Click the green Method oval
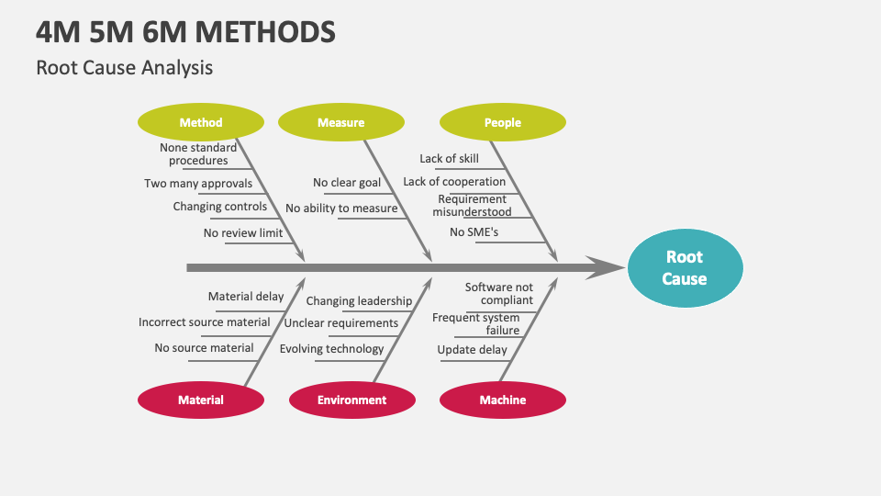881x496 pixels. click(200, 122)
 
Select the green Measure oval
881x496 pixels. click(340, 122)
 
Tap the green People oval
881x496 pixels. click(502, 122)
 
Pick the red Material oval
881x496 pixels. click(200, 400)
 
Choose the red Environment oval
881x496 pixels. click(351, 400)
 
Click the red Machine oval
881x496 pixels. click(502, 400)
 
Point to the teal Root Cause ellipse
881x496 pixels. click(685, 268)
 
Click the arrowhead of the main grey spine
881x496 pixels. click(607, 268)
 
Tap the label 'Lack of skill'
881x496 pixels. click(449, 159)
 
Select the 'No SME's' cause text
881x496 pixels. click(474, 232)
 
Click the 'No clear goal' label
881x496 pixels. click(347, 183)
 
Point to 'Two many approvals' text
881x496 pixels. click(198, 183)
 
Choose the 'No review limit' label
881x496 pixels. click(243, 232)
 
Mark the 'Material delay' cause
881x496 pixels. click(246, 297)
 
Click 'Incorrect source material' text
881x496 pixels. click(205, 322)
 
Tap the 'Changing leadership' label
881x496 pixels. click(359, 301)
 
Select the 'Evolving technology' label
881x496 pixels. click(331, 349)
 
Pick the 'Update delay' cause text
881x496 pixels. click(472, 350)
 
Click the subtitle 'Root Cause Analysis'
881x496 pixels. click(124, 67)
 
